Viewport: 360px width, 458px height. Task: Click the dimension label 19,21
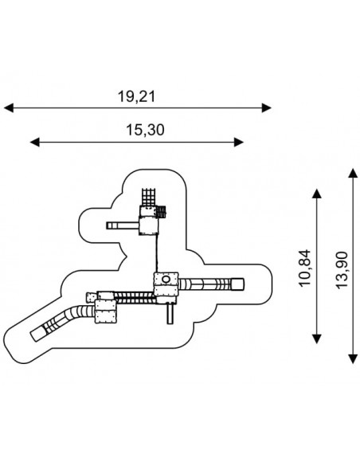[136, 96]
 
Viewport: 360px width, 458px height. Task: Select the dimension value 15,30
[145, 130]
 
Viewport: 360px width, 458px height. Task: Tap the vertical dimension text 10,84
[305, 268]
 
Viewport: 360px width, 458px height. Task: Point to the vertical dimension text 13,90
[342, 270]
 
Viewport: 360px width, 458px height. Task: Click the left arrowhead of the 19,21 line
[9, 108]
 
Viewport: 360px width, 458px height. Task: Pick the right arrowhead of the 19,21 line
[267, 108]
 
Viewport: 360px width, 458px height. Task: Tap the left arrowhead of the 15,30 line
[35, 143]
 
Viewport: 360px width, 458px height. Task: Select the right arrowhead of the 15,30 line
[239, 143]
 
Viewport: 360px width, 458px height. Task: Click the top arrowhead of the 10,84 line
[317, 194]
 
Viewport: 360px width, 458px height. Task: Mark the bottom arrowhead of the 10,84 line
[317, 339]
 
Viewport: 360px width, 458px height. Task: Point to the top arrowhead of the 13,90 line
[354, 173]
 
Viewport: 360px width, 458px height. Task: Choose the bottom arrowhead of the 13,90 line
[354, 359]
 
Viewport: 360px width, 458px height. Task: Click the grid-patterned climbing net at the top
[149, 198]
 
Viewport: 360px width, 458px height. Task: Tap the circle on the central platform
[166, 280]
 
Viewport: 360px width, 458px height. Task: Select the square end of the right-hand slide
[237, 284]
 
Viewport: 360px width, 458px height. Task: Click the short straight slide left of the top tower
[123, 225]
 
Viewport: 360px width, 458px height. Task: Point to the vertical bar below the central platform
[170, 314]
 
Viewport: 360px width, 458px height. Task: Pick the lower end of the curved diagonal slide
[37, 335]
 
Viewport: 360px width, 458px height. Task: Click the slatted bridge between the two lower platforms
[134, 298]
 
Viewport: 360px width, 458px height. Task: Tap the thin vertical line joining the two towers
[157, 253]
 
